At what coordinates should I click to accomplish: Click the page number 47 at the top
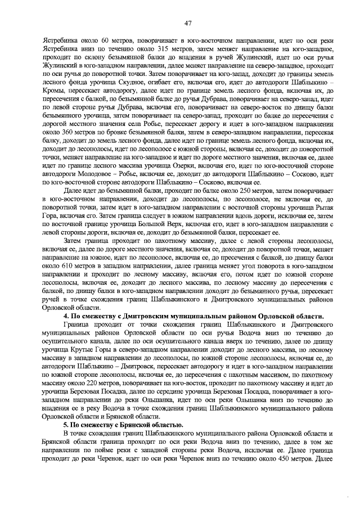pyautogui.click(x=187, y=23)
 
